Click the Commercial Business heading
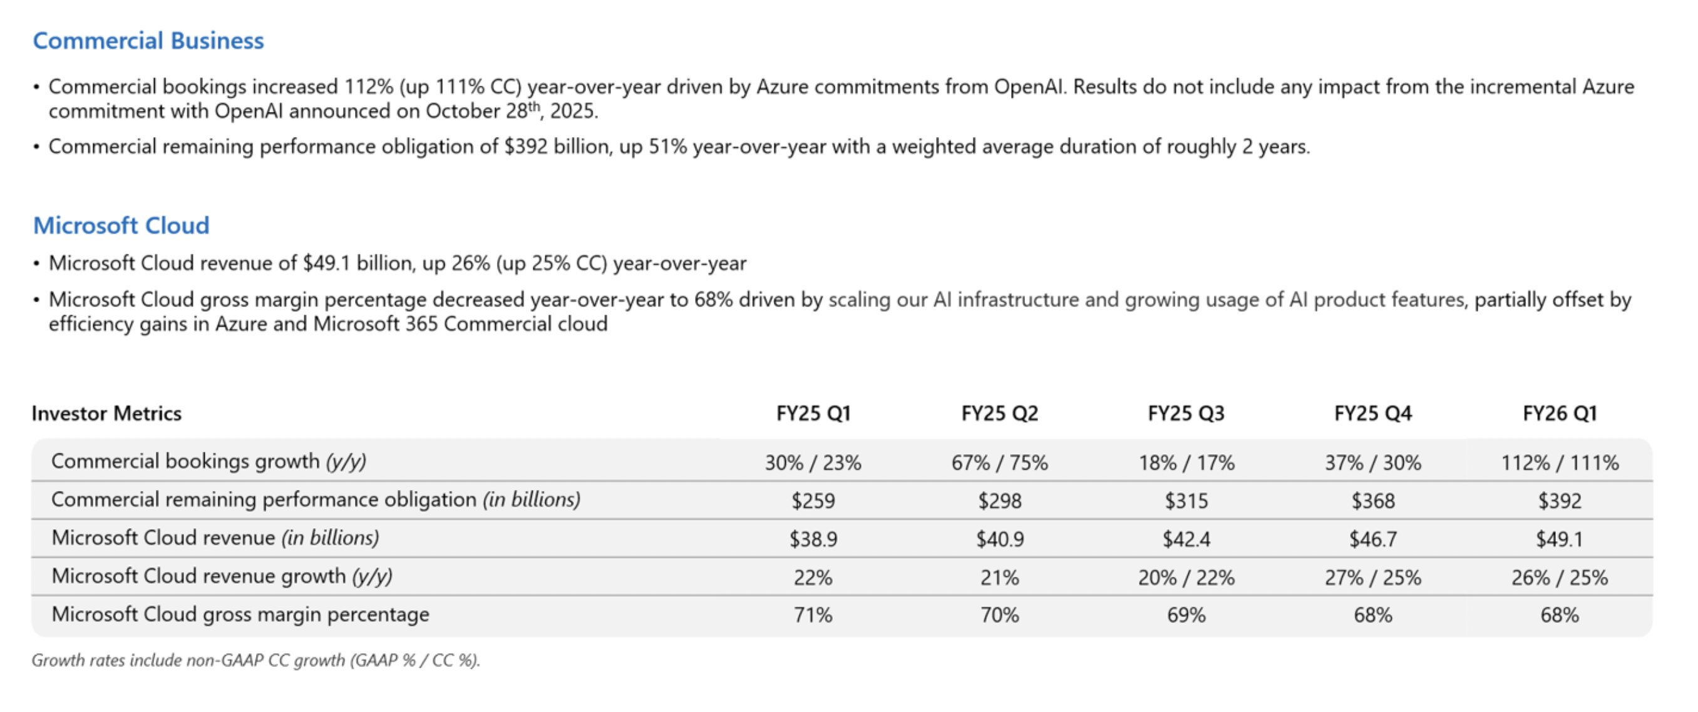pos(148,41)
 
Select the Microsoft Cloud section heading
pos(121,226)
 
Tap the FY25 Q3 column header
pos(1186,414)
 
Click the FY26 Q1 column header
pos(1560,414)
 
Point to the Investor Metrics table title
pos(107,414)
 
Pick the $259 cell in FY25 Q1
pos(813,501)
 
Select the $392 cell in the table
pos(1560,501)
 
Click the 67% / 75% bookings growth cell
pos(999,462)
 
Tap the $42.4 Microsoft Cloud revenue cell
pos(1186,539)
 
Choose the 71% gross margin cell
pos(813,615)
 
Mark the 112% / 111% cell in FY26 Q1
pos(1560,462)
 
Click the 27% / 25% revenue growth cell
pos(1373,577)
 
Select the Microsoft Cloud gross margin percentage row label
pos(240,614)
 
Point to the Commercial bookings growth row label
pos(208,461)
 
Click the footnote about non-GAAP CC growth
pos(255,660)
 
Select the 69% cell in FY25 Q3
pos(1186,615)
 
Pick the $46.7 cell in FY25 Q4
pos(1373,539)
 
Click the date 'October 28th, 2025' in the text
pos(511,111)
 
